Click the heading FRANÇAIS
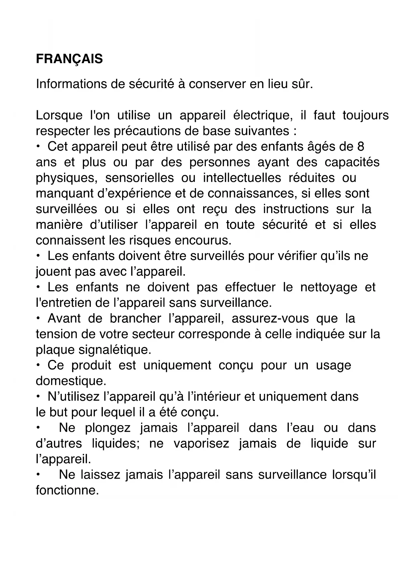click(69, 59)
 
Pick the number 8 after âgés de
click(361, 147)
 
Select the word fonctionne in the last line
click(67, 490)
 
